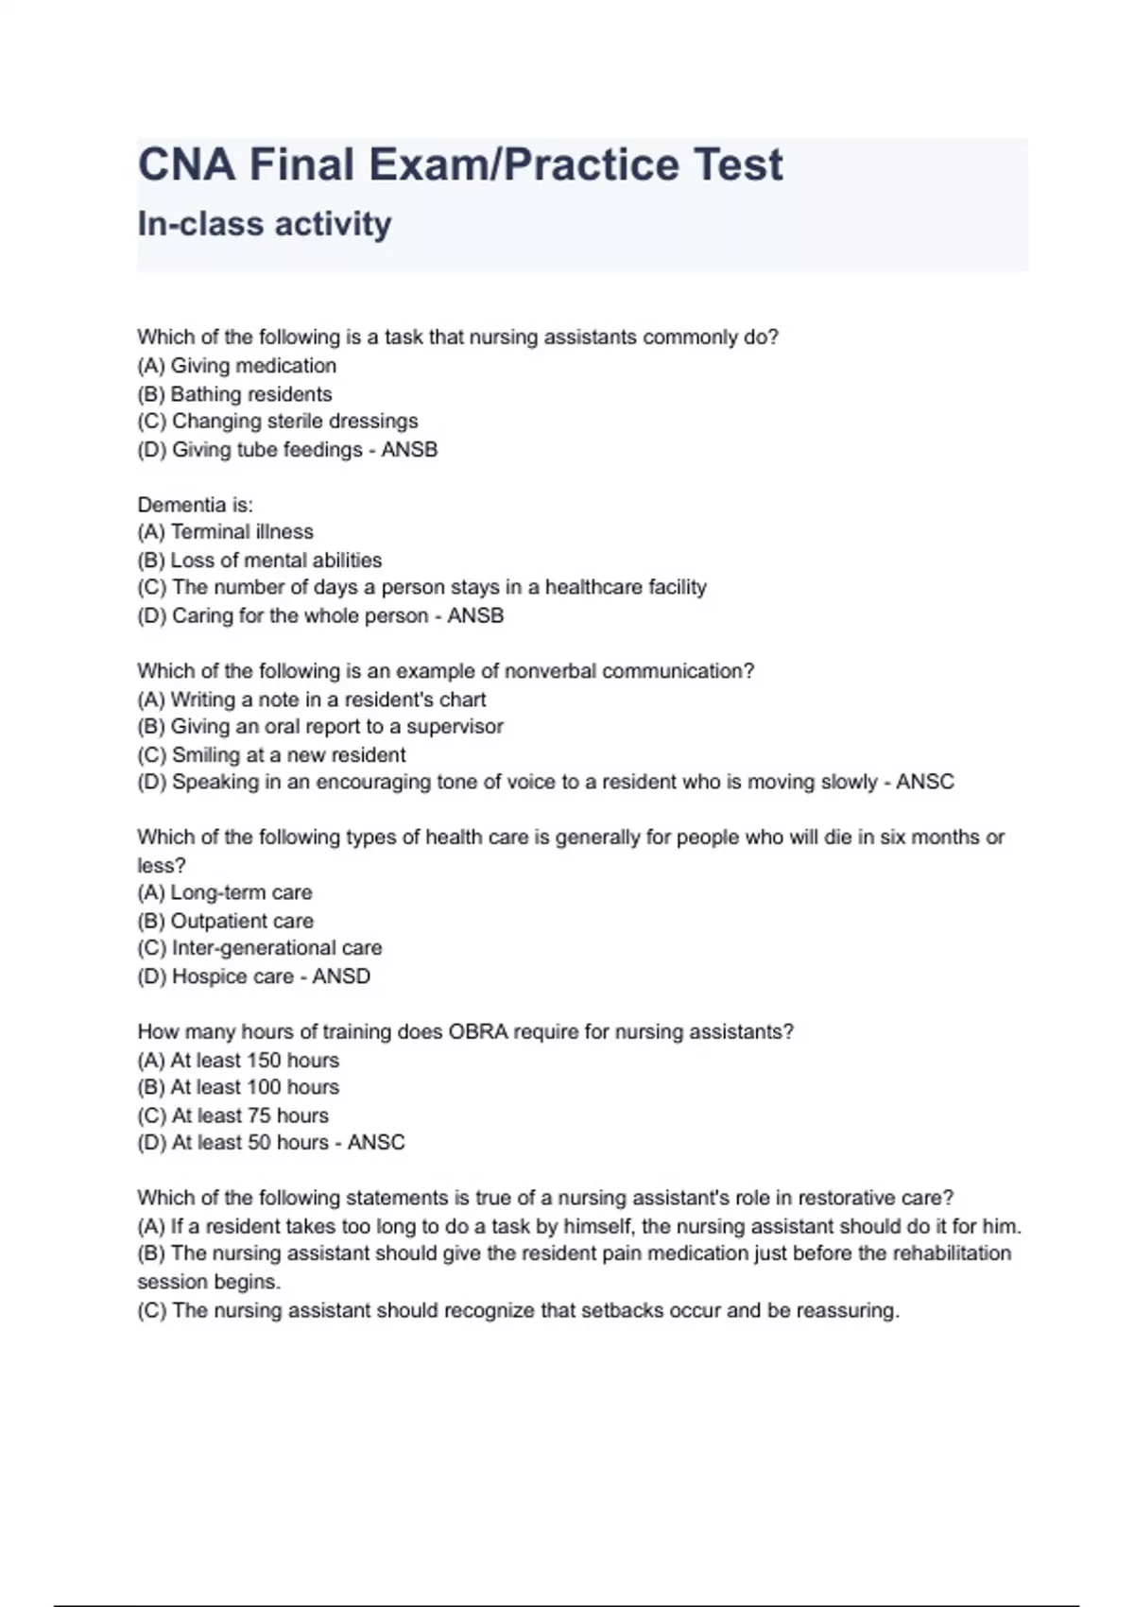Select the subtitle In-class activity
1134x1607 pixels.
coord(265,224)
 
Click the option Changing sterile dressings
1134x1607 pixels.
coord(278,422)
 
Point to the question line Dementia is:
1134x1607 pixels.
coord(195,505)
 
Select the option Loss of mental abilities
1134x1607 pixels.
coord(260,560)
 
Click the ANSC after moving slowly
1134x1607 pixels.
coord(924,782)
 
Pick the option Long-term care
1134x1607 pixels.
coord(225,892)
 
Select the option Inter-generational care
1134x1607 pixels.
coord(260,948)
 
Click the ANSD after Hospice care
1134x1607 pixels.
coord(341,976)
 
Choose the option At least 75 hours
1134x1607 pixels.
coord(233,1115)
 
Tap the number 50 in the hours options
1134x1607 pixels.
coord(260,1143)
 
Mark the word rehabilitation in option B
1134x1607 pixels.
coord(952,1253)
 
